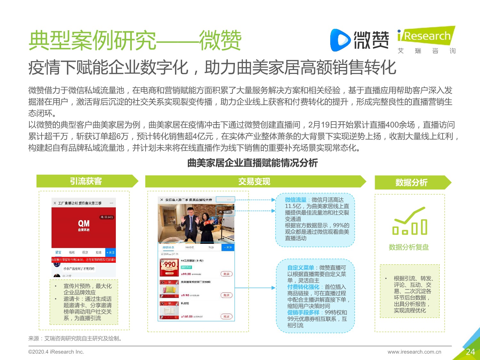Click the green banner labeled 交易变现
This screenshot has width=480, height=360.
coord(254,181)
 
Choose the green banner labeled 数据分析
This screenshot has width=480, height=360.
coord(412,182)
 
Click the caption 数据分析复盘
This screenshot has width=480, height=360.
coord(409,247)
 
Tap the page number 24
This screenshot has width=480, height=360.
coord(470,352)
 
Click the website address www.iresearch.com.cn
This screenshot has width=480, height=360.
coord(414,352)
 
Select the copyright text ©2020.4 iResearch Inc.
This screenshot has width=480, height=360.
coord(56,352)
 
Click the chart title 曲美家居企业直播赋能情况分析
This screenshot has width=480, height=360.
coord(252,163)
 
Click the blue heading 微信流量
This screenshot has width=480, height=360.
coord(296,200)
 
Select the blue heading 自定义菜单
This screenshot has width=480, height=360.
coord(300,268)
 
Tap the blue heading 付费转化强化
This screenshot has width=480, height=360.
coord(303,287)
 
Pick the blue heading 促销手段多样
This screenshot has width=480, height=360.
coord(303,312)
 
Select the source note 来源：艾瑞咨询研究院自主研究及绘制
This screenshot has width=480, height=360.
coord(76,338)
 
